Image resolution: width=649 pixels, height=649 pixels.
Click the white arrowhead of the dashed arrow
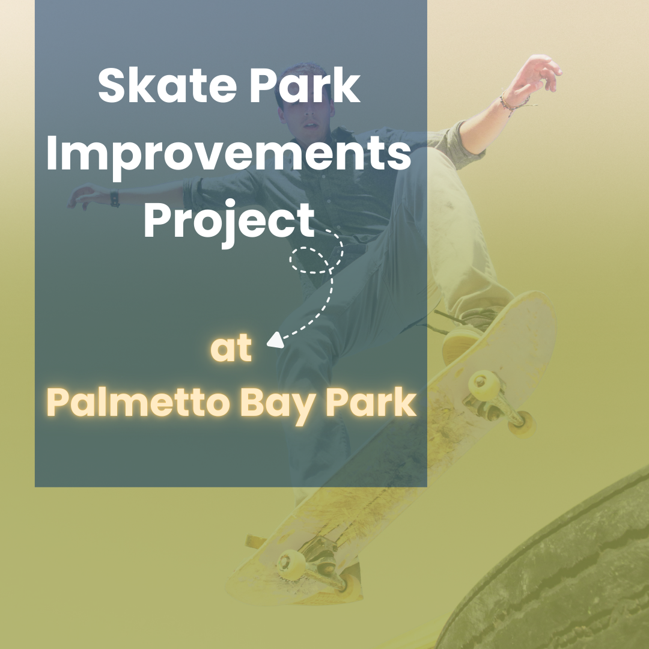(275, 341)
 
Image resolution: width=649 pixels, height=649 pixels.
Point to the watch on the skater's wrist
(114, 198)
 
